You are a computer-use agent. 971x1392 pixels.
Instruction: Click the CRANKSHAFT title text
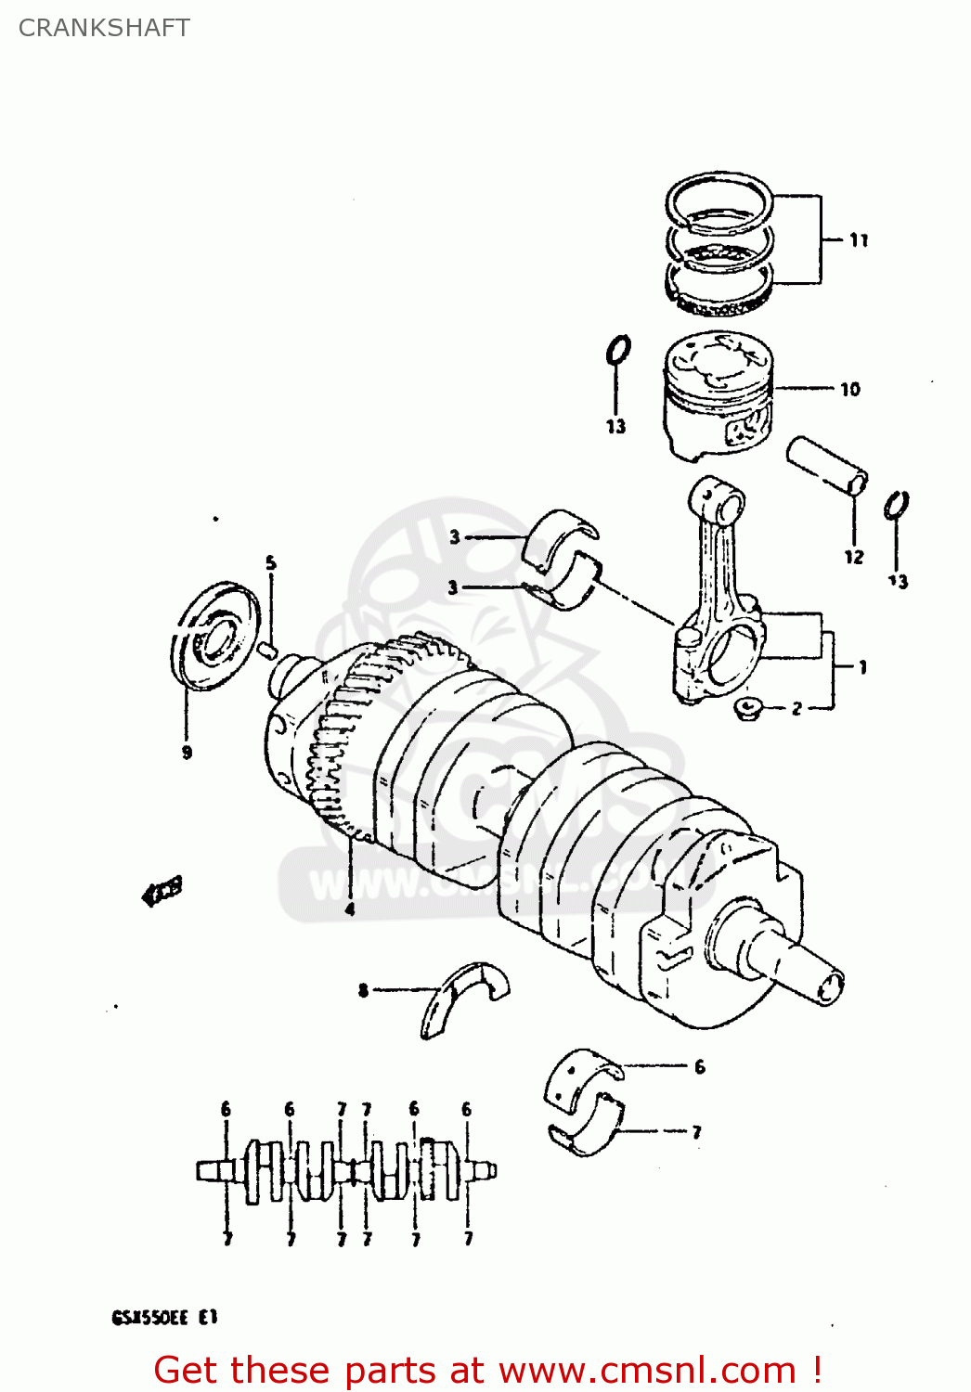104,28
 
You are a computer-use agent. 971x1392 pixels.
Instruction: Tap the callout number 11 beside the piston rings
859,240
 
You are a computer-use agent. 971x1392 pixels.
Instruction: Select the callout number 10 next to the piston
849,390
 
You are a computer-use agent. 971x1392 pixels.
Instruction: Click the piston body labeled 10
718,394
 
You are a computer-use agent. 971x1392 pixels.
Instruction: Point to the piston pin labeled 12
827,464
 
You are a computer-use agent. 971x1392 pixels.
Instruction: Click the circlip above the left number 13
618,352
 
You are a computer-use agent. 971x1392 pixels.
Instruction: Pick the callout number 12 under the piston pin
853,557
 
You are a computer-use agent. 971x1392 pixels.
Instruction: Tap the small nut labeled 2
747,709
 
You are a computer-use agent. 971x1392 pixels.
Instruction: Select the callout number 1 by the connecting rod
862,666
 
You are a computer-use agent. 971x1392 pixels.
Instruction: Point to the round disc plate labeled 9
215,637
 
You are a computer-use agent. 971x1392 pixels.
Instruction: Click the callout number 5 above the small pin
270,562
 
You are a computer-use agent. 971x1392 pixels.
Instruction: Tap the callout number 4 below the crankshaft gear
350,909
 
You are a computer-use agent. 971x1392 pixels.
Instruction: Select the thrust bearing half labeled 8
464,997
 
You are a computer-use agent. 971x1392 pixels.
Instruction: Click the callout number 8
363,990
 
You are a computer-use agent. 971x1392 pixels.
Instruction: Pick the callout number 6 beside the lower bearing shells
699,1067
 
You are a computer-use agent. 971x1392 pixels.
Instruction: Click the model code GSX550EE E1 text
164,1317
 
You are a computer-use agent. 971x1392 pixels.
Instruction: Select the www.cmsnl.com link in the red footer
647,1371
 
